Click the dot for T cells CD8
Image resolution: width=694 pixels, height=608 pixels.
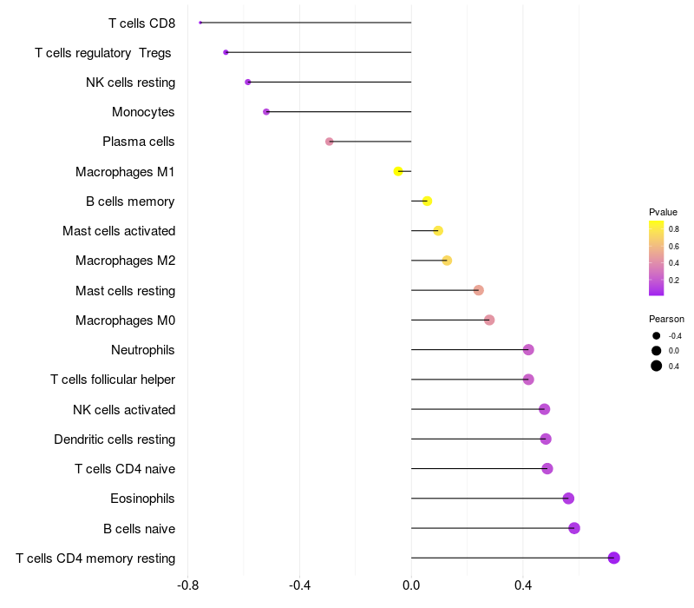click(x=200, y=23)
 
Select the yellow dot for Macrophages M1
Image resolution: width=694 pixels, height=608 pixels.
click(x=398, y=171)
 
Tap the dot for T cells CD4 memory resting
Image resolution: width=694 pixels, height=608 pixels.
click(x=613, y=558)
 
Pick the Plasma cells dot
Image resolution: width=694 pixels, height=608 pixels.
click(x=330, y=142)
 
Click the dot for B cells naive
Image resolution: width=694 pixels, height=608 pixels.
click(x=574, y=528)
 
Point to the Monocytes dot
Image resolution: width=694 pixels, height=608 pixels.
click(x=266, y=112)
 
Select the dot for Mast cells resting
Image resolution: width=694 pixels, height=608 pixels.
click(x=479, y=290)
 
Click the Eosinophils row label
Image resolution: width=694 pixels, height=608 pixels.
click(x=142, y=499)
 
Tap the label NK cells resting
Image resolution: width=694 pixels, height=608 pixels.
click(x=131, y=83)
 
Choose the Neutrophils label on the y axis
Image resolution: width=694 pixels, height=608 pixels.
click(x=143, y=350)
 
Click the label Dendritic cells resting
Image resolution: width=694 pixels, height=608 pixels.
click(x=115, y=439)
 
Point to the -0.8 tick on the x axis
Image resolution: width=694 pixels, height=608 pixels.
click(x=187, y=585)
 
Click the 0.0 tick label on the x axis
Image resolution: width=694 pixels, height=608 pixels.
click(x=411, y=585)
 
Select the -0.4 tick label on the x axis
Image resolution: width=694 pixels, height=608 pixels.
click(x=299, y=585)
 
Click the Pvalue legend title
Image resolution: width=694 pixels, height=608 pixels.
click(x=663, y=212)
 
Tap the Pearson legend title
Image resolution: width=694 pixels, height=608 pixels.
click(x=666, y=319)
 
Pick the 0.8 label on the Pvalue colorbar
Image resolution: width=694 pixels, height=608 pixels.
click(x=674, y=229)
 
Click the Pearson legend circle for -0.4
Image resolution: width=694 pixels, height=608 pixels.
click(x=657, y=336)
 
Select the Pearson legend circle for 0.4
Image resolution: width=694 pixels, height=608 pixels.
click(x=657, y=366)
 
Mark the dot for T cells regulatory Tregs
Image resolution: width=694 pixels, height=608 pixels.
click(x=226, y=52)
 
